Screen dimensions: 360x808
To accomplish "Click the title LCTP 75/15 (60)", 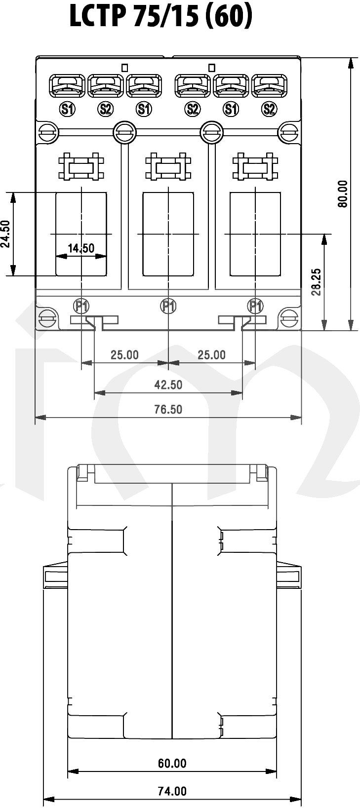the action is tap(160, 16).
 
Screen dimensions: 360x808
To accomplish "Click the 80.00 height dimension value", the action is tap(343, 193).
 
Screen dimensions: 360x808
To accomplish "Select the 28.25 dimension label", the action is tap(317, 282).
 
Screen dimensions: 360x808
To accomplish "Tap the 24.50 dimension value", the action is tap(5, 234).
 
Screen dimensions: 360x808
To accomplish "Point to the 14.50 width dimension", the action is tap(81, 248).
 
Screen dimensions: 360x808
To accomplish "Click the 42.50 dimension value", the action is tap(168, 385).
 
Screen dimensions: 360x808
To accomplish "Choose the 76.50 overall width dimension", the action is tap(168, 409).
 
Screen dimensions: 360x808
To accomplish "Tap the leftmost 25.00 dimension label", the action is tap(124, 355).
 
